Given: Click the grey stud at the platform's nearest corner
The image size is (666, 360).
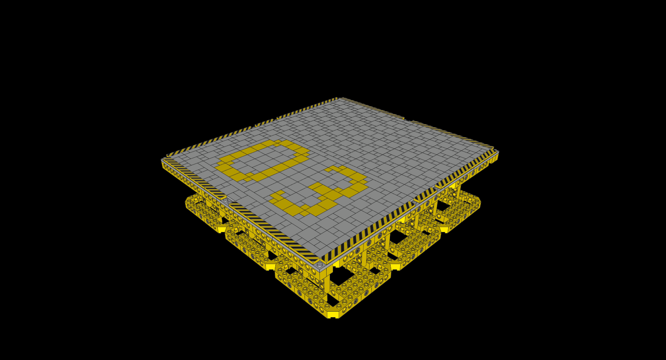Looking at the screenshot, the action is click(320, 264).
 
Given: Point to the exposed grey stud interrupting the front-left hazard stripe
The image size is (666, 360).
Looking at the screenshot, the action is click(226, 200).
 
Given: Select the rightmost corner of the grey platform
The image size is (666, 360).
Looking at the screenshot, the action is click(498, 152).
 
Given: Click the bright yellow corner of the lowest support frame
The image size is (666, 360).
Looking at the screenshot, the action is click(333, 314).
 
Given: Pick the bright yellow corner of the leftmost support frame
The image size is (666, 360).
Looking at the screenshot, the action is click(221, 229).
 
